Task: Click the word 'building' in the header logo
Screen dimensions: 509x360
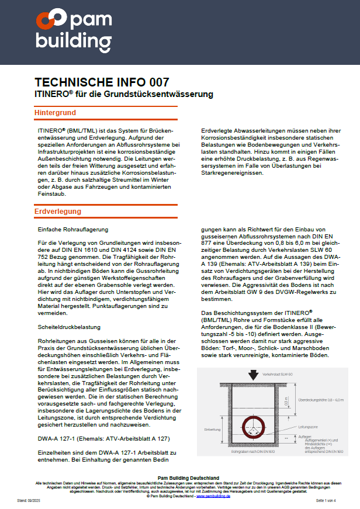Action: point(73,41)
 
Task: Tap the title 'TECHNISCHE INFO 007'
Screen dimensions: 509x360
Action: point(102,82)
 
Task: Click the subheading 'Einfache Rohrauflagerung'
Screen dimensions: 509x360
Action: point(73,230)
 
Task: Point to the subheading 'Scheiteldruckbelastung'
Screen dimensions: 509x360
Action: point(70,327)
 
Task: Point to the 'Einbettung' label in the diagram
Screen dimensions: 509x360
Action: point(212,429)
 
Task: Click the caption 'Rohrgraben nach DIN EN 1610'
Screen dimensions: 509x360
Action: point(254,452)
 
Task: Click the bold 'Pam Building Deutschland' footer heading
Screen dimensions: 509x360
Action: point(179,478)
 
